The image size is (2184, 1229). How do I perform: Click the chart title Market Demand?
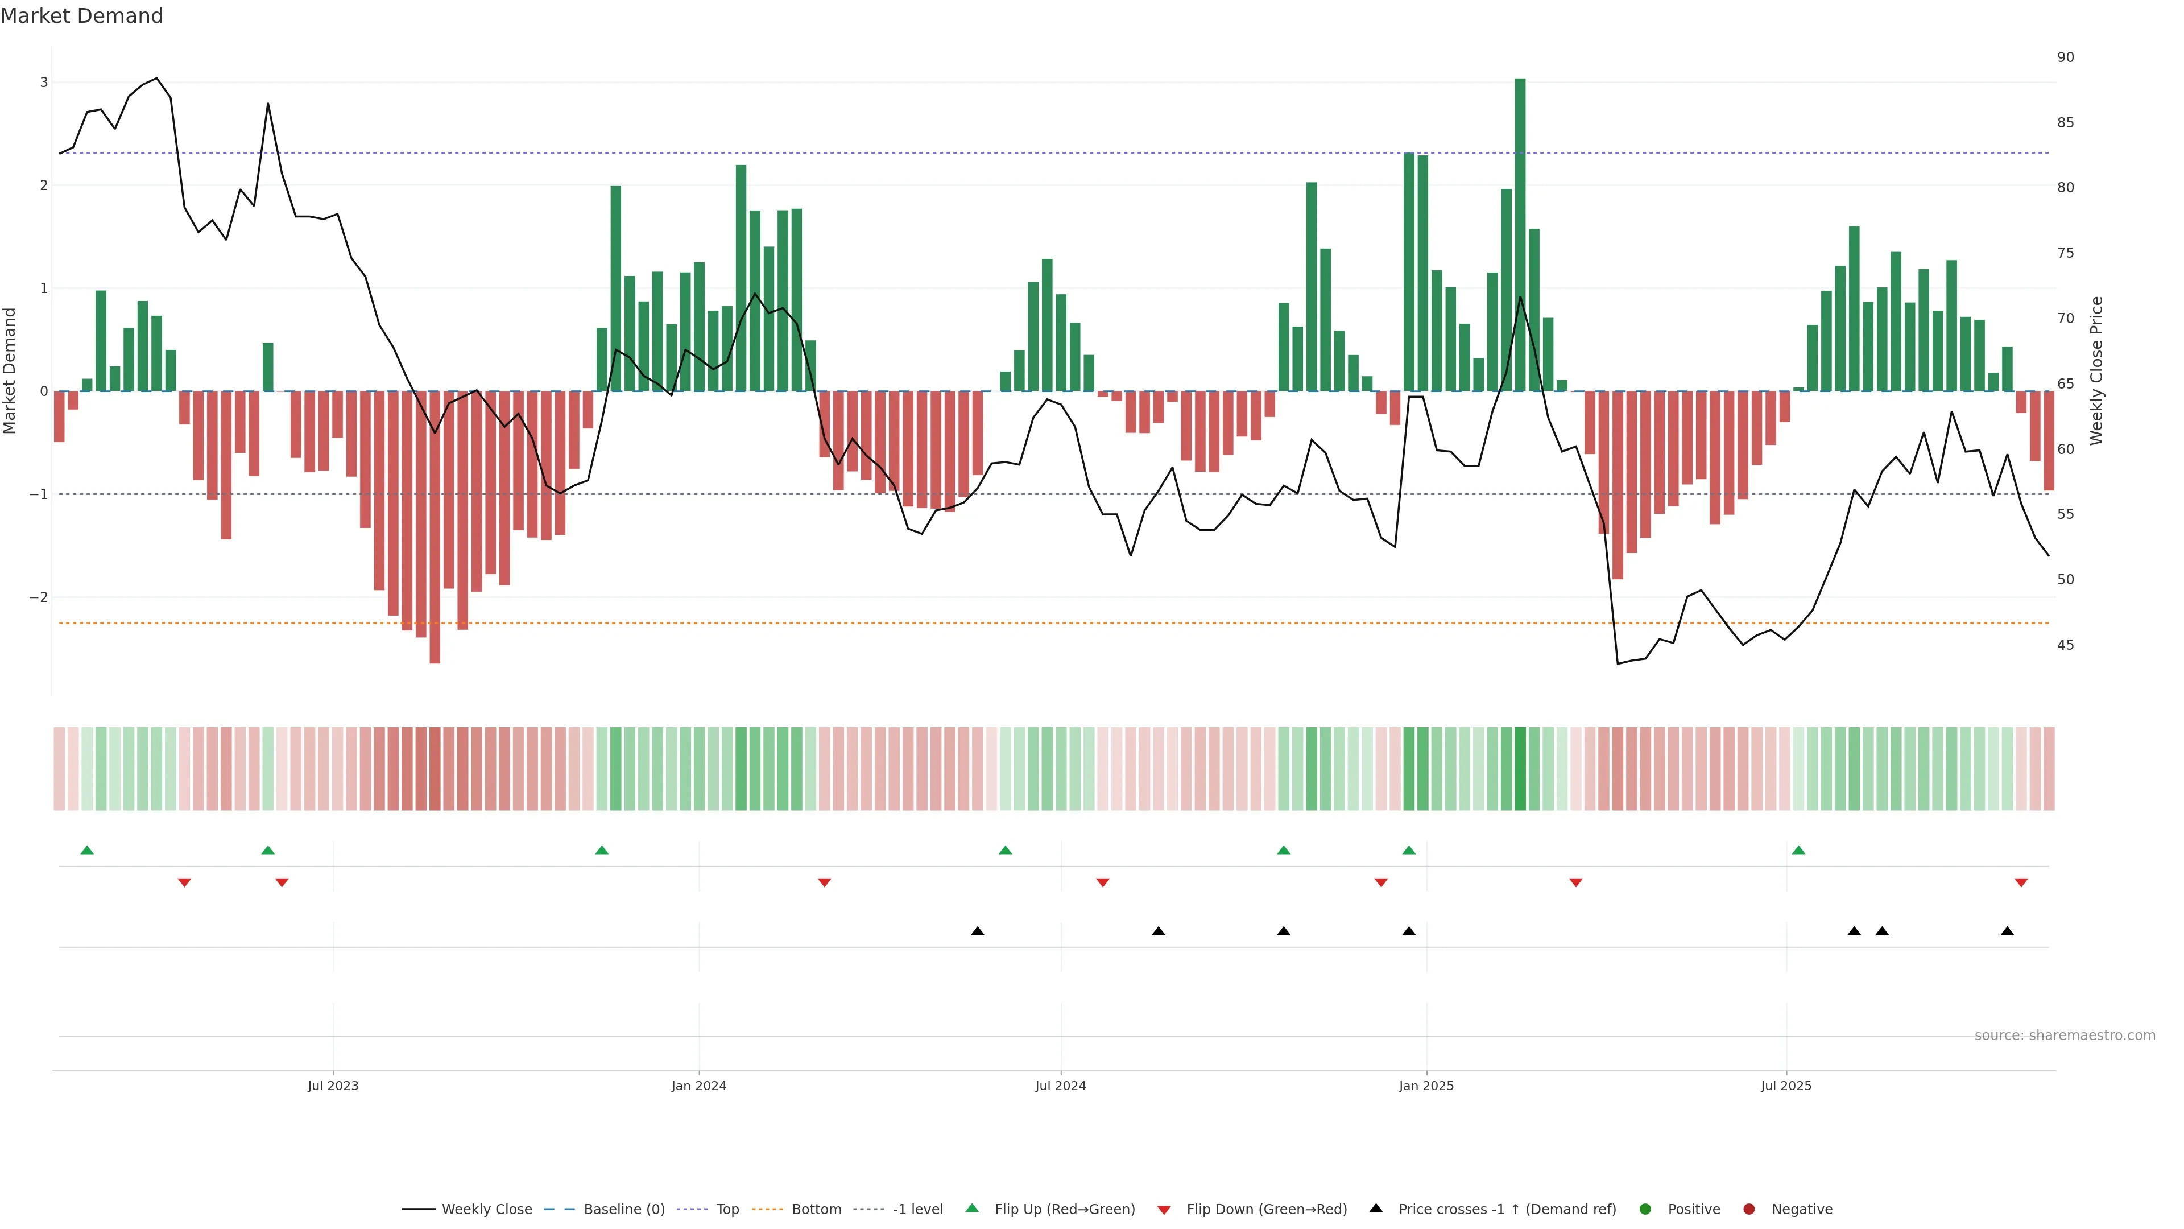pos(81,16)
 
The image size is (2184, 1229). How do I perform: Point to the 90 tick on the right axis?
pos(2065,57)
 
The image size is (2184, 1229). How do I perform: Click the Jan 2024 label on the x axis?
pos(698,1086)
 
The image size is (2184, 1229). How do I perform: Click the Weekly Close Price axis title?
pos(2096,370)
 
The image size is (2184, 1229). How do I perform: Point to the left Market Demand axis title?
pos(10,370)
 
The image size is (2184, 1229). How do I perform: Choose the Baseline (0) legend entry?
pos(623,1210)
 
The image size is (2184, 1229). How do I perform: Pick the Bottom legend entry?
pos(816,1210)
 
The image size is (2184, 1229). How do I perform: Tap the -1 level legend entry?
pos(917,1210)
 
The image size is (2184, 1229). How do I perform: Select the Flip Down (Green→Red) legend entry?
pos(1266,1210)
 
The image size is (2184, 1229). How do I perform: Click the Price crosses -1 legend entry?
pos(1507,1210)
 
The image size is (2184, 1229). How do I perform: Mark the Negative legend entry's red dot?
pos(1748,1210)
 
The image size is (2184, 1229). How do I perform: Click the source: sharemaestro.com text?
pos(2065,1036)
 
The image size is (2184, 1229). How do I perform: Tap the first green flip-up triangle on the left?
pos(86,850)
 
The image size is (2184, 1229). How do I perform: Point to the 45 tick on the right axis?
pos(2065,645)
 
